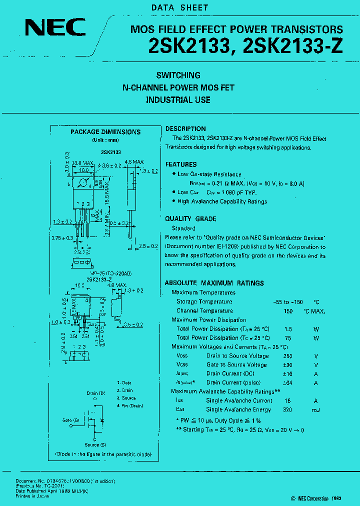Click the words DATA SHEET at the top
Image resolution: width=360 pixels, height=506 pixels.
pyautogui.click(x=179, y=8)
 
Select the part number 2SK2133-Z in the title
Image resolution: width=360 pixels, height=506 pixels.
pyautogui.click(x=293, y=46)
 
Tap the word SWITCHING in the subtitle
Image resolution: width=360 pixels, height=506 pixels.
pyautogui.click(x=178, y=75)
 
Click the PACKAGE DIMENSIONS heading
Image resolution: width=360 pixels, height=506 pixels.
pyautogui.click(x=105, y=132)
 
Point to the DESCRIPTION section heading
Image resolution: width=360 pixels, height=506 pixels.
pyautogui.click(x=185, y=129)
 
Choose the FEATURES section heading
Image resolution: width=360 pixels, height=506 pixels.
pyautogui.click(x=181, y=164)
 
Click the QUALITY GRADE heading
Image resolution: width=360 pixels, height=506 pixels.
pyautogui.click(x=190, y=218)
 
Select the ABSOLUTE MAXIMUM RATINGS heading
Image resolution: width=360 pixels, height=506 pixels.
pyautogui.click(x=214, y=283)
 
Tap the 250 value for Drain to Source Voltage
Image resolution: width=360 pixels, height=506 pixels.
pyautogui.click(x=287, y=356)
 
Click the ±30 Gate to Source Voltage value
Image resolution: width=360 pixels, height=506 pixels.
pyautogui.click(x=287, y=365)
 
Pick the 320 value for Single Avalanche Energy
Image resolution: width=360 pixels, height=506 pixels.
pyautogui.click(x=287, y=409)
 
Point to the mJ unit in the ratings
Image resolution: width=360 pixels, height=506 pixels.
pyautogui.click(x=315, y=409)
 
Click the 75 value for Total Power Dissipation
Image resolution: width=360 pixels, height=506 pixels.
pyautogui.click(x=287, y=338)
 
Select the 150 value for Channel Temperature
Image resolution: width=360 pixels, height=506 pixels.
pyautogui.click(x=288, y=311)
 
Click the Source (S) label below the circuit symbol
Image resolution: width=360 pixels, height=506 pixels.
pyautogui.click(x=94, y=444)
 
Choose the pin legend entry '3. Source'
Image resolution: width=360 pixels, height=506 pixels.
pyautogui.click(x=126, y=398)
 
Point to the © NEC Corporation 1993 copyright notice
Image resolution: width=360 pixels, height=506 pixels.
pyautogui.click(x=316, y=498)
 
